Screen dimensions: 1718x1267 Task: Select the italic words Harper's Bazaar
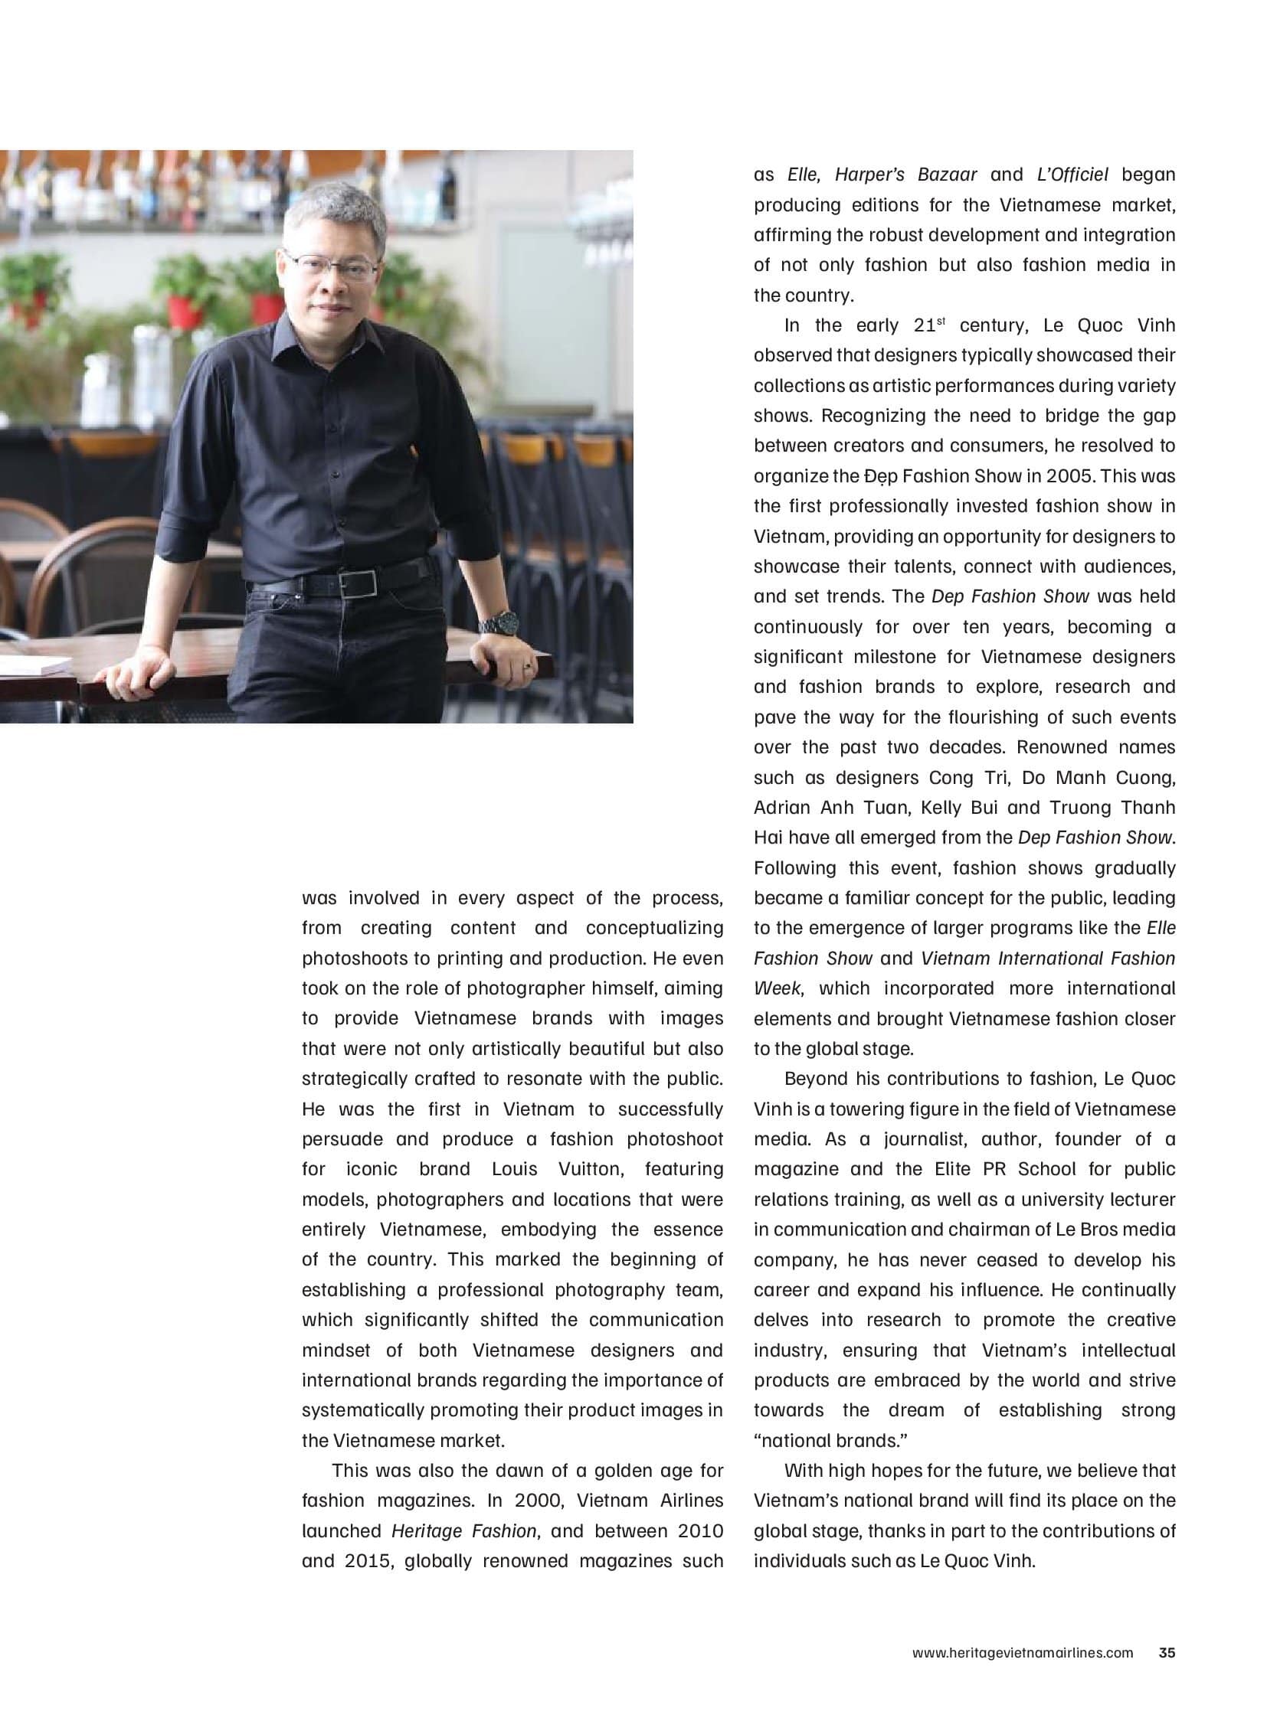coord(905,175)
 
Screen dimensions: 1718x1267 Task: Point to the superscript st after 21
coord(940,322)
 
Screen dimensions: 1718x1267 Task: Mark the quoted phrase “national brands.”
coord(830,1441)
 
